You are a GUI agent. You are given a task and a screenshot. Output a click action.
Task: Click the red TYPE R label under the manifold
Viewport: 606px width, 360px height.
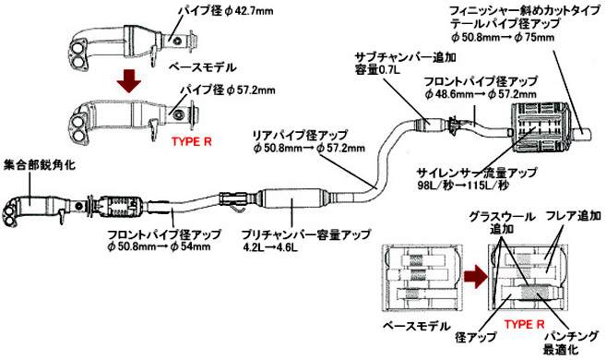(192, 141)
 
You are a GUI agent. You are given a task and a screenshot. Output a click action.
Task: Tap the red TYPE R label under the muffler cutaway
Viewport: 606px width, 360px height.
(525, 324)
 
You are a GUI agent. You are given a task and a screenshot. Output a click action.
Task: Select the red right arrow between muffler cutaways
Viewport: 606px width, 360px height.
(475, 277)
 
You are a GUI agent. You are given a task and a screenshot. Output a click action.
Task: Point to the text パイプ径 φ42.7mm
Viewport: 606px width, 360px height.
(226, 11)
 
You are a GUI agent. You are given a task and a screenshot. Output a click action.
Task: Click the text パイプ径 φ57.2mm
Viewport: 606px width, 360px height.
(228, 90)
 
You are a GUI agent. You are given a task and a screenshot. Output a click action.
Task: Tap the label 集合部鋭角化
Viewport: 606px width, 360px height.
(40, 165)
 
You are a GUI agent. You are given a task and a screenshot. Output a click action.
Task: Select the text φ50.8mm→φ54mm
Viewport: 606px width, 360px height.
(160, 246)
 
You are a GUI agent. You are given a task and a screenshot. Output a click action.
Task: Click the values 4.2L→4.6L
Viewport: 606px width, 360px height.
(270, 247)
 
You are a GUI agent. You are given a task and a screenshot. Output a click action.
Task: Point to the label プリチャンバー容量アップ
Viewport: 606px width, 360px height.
(305, 234)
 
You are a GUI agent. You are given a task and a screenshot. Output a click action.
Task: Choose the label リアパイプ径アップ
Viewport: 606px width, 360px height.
(300, 136)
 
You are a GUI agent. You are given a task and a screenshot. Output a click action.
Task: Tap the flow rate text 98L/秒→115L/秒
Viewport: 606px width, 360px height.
(463, 185)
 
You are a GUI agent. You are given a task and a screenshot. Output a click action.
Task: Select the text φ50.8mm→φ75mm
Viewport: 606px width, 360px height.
(503, 37)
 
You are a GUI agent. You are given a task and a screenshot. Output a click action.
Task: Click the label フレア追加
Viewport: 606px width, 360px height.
(574, 215)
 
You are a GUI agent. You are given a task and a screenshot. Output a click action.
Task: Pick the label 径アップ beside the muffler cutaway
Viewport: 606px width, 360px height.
(476, 338)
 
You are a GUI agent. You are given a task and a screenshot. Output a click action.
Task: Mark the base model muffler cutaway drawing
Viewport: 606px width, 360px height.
(422, 277)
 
